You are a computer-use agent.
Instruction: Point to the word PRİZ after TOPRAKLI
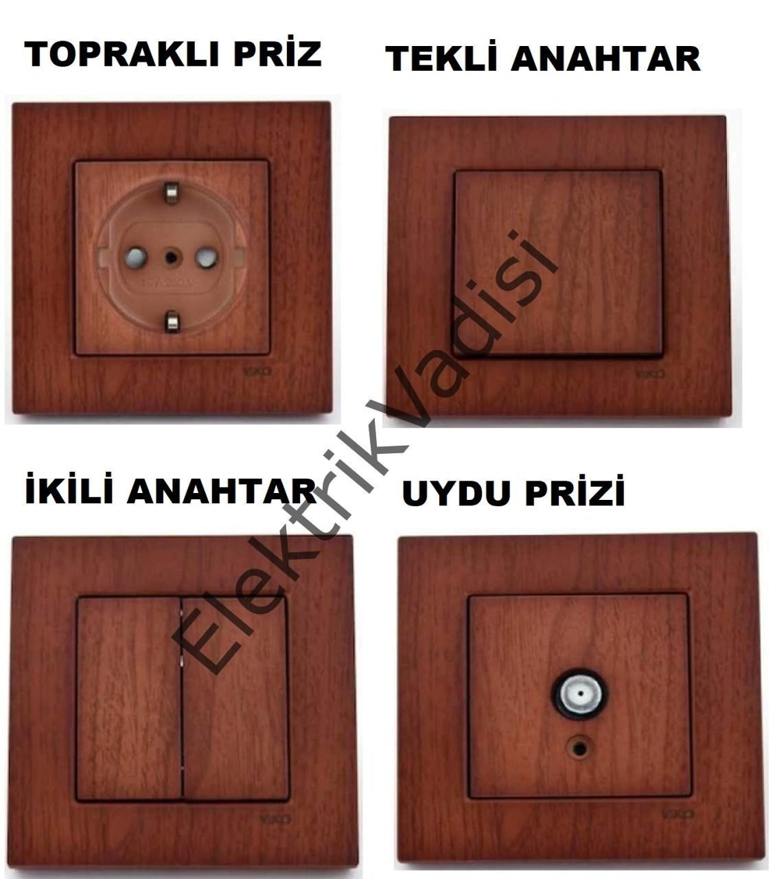(x=277, y=54)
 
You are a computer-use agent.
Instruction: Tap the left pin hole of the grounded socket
(x=135, y=258)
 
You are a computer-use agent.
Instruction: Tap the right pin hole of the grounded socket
(x=205, y=258)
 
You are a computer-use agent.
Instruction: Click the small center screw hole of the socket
(x=170, y=258)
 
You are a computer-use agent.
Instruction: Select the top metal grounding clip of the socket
(x=170, y=192)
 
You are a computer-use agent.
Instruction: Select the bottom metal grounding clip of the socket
(x=171, y=321)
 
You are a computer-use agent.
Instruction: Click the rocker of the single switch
(x=558, y=262)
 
